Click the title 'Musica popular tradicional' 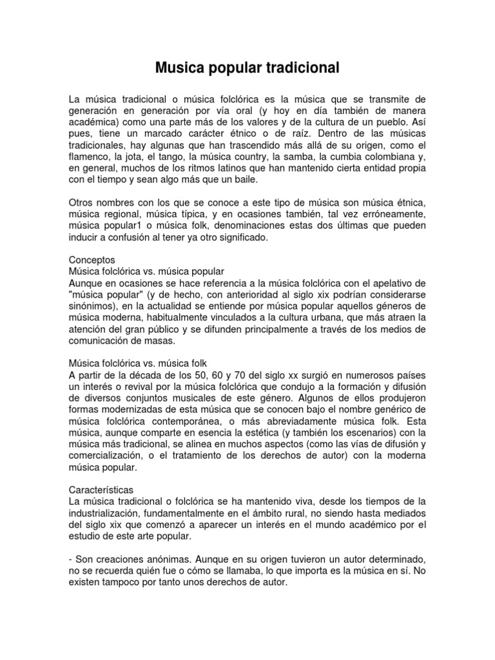pos(247,67)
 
